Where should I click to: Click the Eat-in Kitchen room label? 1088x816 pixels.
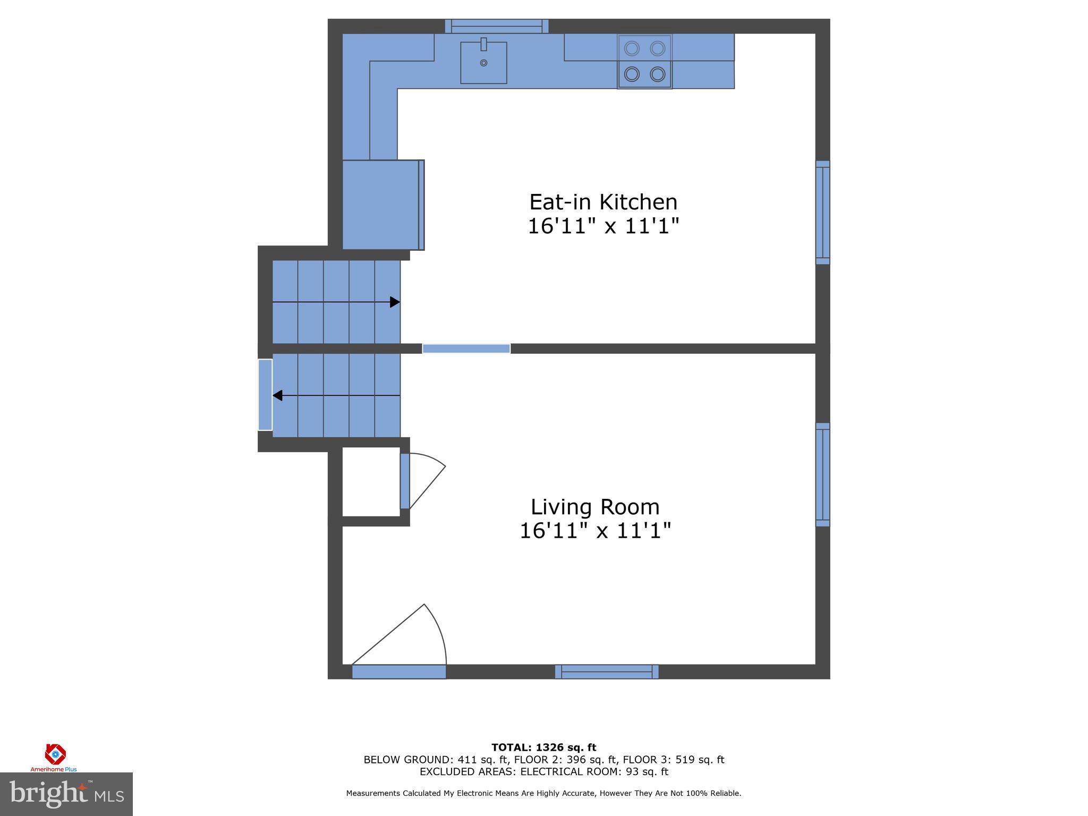(x=603, y=202)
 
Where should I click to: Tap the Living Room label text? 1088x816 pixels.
(x=595, y=507)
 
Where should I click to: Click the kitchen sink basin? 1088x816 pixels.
(x=483, y=63)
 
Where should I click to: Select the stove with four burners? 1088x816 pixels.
(x=644, y=62)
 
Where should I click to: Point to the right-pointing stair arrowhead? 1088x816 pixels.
(x=395, y=302)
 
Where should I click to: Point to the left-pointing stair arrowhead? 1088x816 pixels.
(x=277, y=396)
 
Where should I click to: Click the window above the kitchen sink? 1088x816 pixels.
(x=497, y=26)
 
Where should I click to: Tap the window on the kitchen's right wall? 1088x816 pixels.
(x=822, y=212)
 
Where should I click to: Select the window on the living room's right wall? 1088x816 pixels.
(x=822, y=475)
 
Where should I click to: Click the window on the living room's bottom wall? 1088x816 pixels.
(x=607, y=671)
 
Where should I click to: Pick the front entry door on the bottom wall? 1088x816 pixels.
(x=399, y=671)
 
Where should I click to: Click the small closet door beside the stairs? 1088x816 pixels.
(x=405, y=481)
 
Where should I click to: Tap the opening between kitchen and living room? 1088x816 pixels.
(x=466, y=348)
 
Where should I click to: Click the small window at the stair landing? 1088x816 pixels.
(x=265, y=395)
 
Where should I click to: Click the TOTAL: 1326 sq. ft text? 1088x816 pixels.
(x=543, y=747)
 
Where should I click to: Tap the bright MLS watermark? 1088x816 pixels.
(x=66, y=794)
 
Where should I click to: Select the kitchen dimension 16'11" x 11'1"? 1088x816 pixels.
(x=603, y=226)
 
